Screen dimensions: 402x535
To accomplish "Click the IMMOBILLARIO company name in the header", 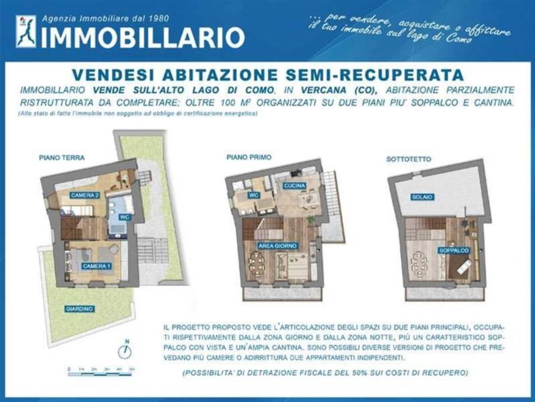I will [x=143, y=37].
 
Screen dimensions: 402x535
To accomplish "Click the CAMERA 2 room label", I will [x=85, y=195].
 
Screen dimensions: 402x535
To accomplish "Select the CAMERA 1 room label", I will [x=96, y=266].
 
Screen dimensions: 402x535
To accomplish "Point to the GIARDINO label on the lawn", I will [x=80, y=309].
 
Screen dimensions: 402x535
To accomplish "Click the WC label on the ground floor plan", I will [x=124, y=217].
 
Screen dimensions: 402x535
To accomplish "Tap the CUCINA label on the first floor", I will [x=295, y=186].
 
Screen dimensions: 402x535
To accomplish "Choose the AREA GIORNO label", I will [x=277, y=245].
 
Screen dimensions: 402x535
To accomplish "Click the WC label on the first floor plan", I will [x=254, y=195].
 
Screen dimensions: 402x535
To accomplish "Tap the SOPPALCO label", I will [x=454, y=251].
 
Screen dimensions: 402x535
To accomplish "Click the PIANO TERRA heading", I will [x=62, y=157].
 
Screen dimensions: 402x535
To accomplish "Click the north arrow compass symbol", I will [x=124, y=351].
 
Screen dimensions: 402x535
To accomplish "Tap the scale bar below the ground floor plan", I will [x=101, y=371].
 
